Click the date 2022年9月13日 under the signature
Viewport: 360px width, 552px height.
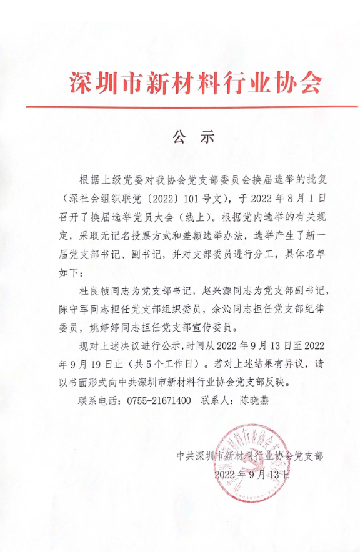point(252,474)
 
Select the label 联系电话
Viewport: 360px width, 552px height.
point(94,400)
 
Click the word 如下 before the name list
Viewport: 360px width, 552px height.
point(63,273)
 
